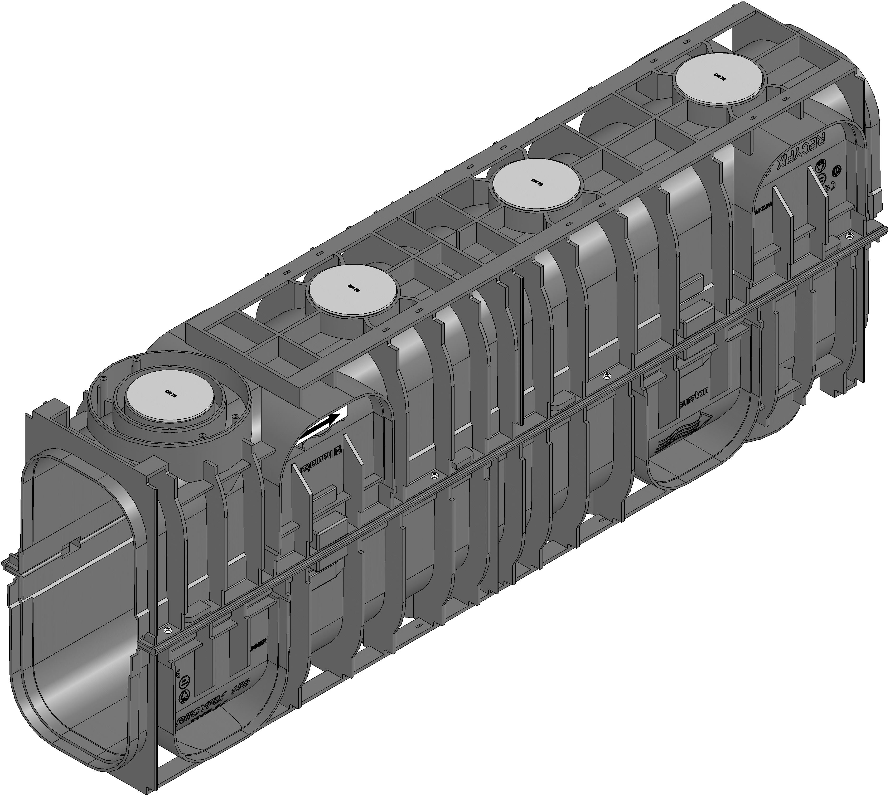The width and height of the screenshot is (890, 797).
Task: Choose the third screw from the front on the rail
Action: (607, 376)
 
